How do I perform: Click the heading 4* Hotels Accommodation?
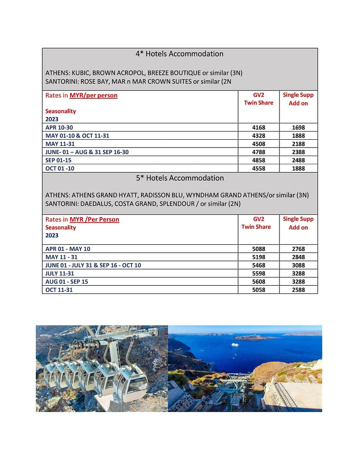179,54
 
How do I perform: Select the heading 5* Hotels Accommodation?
179,178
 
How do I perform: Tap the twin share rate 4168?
259,127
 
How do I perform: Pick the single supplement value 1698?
298,127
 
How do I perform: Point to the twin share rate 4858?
259,160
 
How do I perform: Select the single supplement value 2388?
298,152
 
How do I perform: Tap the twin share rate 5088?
259,249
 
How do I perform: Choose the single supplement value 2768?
298,249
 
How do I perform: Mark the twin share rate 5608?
259,282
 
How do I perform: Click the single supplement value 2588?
298,290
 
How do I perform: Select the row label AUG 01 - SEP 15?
67,282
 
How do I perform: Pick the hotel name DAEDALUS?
95,203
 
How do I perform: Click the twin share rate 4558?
259,168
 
